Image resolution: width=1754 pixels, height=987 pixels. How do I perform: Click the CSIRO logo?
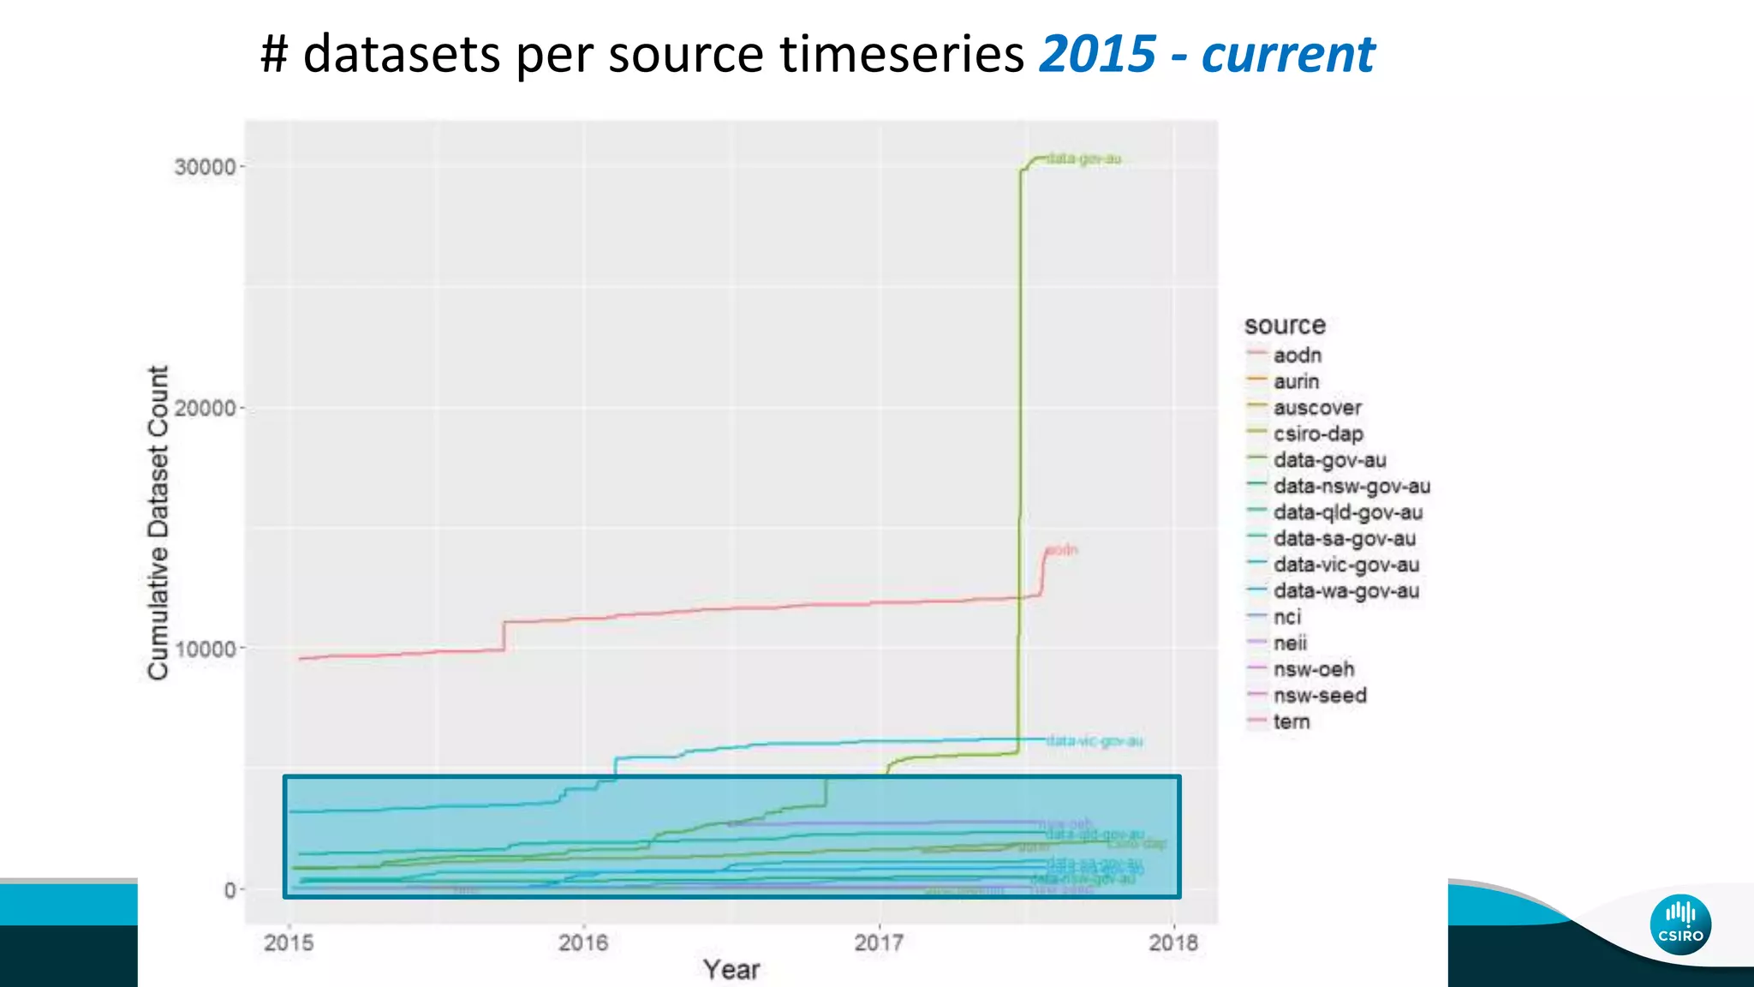point(1680,925)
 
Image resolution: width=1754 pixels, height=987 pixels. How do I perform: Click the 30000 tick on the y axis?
point(206,166)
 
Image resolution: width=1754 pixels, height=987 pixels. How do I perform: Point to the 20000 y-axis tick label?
point(206,408)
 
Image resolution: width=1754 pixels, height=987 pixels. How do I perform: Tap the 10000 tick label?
point(206,649)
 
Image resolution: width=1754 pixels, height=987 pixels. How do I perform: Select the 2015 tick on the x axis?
point(289,943)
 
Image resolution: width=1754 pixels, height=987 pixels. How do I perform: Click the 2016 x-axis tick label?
point(583,943)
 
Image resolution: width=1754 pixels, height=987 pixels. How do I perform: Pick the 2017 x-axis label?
point(879,943)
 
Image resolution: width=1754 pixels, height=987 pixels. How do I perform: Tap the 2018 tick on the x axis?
point(1173,943)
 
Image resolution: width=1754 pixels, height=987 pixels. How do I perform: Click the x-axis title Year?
point(731,970)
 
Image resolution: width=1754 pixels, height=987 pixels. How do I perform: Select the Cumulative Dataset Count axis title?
point(158,523)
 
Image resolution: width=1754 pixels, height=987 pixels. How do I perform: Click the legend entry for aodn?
point(1297,356)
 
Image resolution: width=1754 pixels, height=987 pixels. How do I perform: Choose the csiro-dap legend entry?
point(1317,434)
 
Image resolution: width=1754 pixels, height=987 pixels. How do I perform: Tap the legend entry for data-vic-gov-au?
point(1345,565)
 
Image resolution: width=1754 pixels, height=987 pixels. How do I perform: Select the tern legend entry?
point(1291,722)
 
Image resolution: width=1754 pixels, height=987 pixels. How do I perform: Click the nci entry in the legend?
point(1286,618)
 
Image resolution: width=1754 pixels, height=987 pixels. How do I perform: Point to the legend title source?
point(1285,326)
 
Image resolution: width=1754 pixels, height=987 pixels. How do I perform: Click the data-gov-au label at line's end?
point(1083,159)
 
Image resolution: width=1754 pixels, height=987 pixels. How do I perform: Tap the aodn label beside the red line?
point(1062,550)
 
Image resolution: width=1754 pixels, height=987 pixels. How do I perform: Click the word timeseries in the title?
point(902,54)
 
